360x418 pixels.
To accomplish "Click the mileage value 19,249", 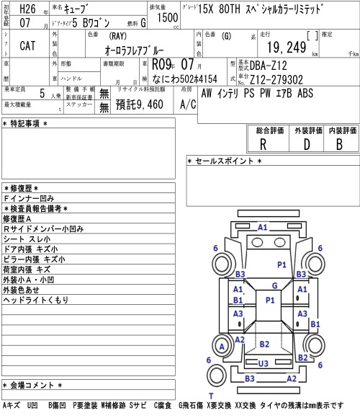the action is pyautogui.click(x=287, y=48).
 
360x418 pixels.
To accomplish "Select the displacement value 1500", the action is pyautogui.click(x=168, y=17).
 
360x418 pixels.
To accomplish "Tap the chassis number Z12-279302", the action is pyautogui.click(x=276, y=79).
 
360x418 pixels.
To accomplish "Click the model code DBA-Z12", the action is pyautogui.click(x=268, y=66).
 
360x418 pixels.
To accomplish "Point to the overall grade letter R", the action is pyautogui.click(x=263, y=144).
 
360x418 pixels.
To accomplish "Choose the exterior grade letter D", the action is pyautogui.click(x=307, y=144).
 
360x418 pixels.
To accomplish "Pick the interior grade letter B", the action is pyautogui.click(x=339, y=144).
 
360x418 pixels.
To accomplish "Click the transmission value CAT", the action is pyautogui.click(x=27, y=45).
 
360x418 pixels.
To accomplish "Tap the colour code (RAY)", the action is pyautogui.click(x=117, y=36).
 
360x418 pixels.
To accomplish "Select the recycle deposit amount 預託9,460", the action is pyautogui.click(x=139, y=104).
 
